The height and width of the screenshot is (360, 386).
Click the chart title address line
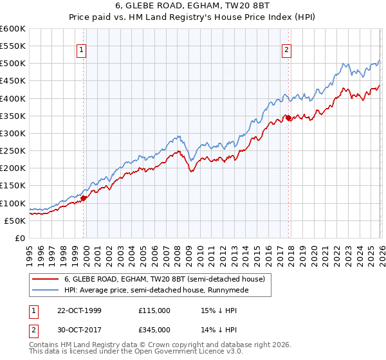click(x=192, y=6)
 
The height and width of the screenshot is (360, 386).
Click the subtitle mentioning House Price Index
click(x=192, y=17)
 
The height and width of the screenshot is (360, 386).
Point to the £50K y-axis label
click(x=15, y=221)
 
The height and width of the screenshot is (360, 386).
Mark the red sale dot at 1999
click(x=84, y=198)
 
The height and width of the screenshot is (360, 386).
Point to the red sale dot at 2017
click(x=288, y=118)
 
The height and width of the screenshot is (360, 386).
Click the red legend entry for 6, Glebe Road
click(x=164, y=279)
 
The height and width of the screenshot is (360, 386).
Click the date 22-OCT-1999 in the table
click(x=80, y=310)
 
